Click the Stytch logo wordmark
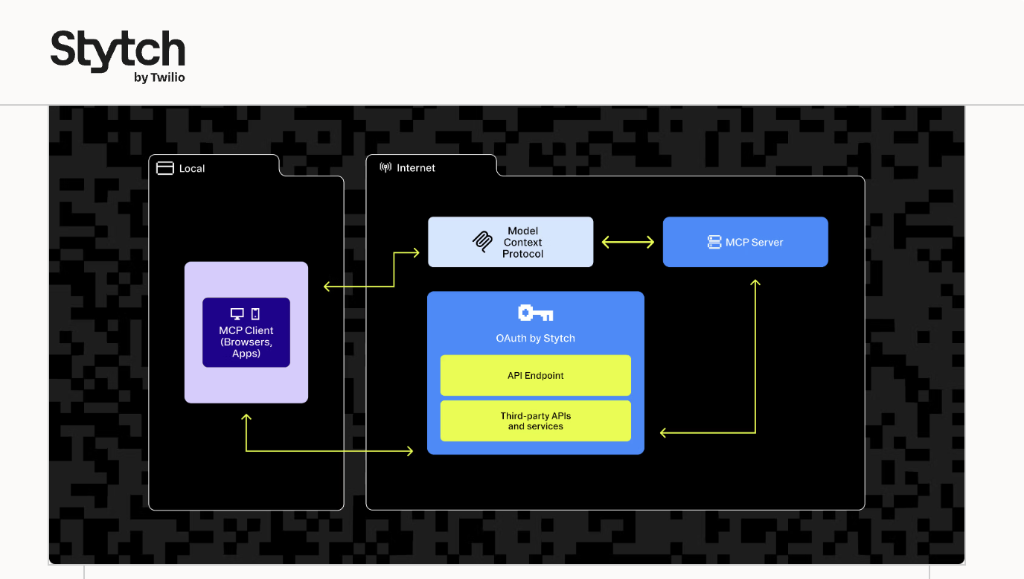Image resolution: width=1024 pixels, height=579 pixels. point(118,51)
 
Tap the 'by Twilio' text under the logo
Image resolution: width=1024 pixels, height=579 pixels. point(159,77)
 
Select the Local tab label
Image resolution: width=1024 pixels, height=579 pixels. point(191,169)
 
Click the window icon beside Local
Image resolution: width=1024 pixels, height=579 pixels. point(164,168)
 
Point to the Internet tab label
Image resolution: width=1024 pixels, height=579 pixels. point(416,168)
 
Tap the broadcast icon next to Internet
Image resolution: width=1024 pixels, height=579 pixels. point(385,167)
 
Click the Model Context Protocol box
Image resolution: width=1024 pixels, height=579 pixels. point(511,242)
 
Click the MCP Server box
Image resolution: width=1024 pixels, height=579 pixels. point(745,242)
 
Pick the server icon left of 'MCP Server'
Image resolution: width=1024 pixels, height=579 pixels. point(714,242)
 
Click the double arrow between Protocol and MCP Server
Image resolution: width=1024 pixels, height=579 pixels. point(627,242)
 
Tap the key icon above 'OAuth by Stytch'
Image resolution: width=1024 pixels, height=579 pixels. point(535,313)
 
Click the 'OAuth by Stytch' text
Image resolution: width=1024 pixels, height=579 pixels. point(535,339)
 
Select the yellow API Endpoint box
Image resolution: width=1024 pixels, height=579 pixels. point(535,375)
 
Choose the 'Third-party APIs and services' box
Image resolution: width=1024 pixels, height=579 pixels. point(535,421)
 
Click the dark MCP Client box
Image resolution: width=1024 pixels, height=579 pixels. point(246,333)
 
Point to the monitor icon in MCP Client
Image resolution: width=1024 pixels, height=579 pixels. point(237,314)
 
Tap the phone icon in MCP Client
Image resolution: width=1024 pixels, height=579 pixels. point(255,314)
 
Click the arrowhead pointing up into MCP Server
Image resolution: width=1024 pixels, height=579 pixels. point(755,283)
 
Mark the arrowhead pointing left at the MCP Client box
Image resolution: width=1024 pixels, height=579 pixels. point(327,287)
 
